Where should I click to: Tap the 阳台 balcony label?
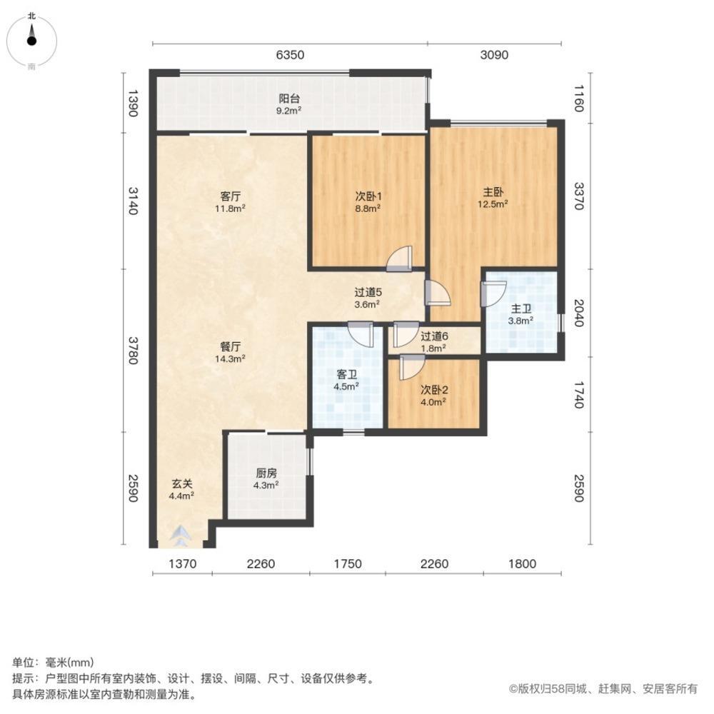[289, 104]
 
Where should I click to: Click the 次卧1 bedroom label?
[368, 201]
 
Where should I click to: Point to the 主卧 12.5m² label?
[493, 197]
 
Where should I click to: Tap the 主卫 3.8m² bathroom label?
[521, 314]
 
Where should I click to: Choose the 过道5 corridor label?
[368, 297]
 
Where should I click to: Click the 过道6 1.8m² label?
[433, 342]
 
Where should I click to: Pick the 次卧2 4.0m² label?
[433, 395]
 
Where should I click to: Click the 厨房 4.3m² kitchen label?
[266, 478]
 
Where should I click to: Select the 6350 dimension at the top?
[290, 55]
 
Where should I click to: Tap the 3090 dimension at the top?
[493, 55]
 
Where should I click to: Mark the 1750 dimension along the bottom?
[348, 564]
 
